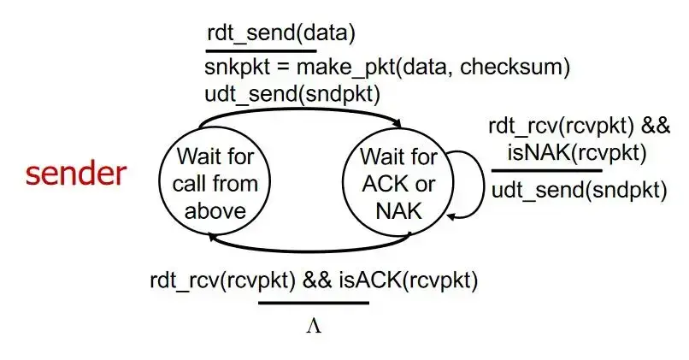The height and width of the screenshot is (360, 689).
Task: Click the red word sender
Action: click(76, 174)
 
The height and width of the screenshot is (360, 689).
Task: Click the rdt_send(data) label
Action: click(280, 33)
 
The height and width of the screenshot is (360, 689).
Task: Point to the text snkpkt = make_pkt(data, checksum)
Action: click(387, 67)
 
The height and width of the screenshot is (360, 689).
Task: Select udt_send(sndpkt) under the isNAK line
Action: click(579, 189)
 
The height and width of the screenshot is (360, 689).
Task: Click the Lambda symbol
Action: click(313, 326)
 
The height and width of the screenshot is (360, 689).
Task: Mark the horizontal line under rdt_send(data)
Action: click(249, 50)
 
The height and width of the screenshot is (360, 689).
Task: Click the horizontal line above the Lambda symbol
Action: click(313, 302)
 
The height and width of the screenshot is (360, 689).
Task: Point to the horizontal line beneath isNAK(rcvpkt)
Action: click(546, 170)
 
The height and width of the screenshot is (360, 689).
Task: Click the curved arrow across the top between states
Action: click(308, 110)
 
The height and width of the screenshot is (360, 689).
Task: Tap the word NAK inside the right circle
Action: click(399, 210)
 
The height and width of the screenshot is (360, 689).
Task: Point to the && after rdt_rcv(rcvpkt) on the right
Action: click(657, 127)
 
